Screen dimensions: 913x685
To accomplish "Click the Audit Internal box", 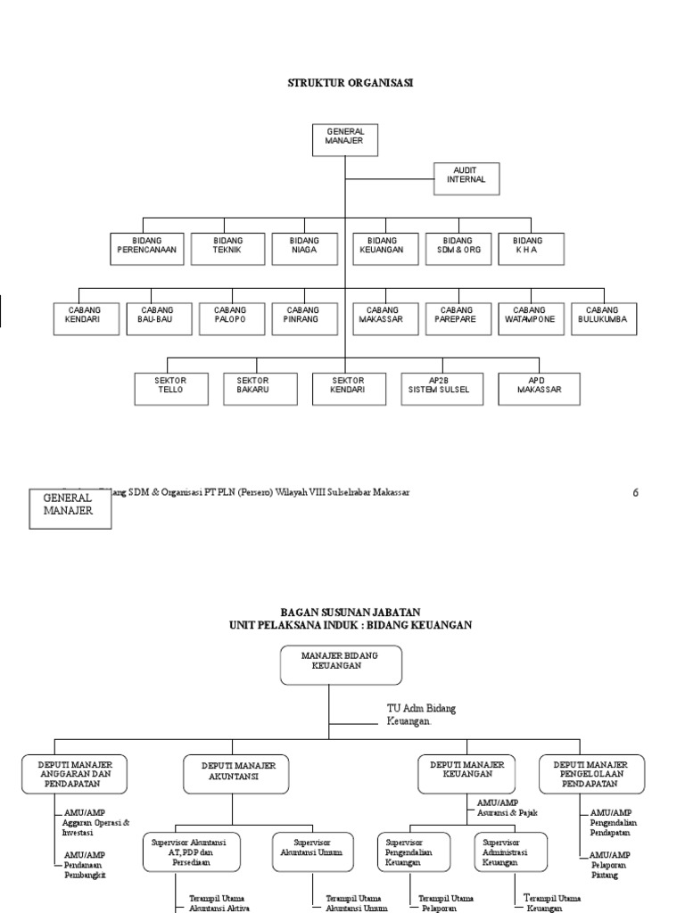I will [x=466, y=178].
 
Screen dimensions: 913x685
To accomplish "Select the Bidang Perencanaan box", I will [x=147, y=249].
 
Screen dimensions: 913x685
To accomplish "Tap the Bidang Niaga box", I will [x=304, y=249].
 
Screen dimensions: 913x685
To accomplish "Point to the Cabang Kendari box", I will [x=84, y=318].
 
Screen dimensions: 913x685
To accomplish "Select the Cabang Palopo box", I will [x=229, y=318].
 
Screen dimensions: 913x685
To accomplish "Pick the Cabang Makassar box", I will [x=382, y=318].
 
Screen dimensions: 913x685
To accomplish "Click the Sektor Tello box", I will [x=170, y=388].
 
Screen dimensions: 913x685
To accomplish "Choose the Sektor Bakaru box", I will [x=252, y=388].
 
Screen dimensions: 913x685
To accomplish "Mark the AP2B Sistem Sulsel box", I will [x=432, y=388].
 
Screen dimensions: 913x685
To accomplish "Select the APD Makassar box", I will [x=539, y=388].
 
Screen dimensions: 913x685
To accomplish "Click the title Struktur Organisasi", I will [x=350, y=83].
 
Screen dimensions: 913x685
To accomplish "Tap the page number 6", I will [x=636, y=492].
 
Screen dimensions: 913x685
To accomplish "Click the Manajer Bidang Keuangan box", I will [x=340, y=665].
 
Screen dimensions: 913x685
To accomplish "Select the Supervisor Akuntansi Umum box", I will [x=311, y=851].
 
